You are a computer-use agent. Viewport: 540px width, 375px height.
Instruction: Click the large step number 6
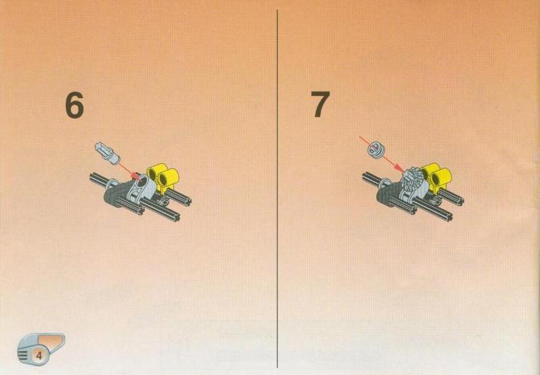pyautogui.click(x=74, y=105)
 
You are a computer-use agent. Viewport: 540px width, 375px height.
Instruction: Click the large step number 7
pyautogui.click(x=320, y=104)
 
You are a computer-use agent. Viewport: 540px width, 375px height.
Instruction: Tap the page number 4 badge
pyautogui.click(x=39, y=355)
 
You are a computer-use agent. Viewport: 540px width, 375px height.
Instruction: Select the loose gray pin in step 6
pyautogui.click(x=107, y=153)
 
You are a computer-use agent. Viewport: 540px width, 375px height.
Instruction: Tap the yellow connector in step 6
pyautogui.click(x=163, y=177)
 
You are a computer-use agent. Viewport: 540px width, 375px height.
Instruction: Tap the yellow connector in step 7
pyautogui.click(x=435, y=176)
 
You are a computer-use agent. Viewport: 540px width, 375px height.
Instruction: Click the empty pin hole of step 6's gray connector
pyautogui.click(x=143, y=179)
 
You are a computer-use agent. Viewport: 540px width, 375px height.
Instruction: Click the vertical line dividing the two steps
pyautogui.click(x=277, y=189)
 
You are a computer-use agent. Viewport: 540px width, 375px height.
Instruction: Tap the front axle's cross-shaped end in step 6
pyautogui.click(x=174, y=216)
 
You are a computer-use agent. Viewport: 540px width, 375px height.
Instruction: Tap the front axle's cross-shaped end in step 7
pyautogui.click(x=447, y=215)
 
